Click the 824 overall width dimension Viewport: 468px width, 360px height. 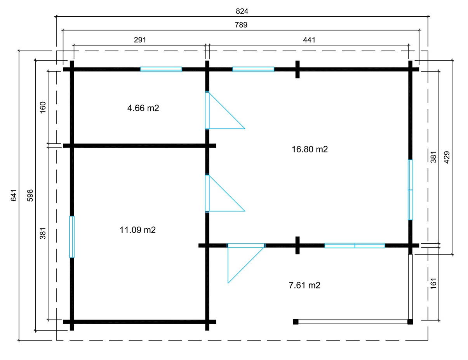(x=242, y=11)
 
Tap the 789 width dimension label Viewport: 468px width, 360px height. (x=241, y=25)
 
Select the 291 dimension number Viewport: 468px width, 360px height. (x=140, y=40)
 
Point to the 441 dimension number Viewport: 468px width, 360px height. (x=309, y=40)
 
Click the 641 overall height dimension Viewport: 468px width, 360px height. (x=14, y=195)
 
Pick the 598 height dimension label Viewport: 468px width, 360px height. (x=30, y=195)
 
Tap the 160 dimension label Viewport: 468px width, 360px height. (x=43, y=107)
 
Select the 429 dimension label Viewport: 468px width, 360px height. (x=447, y=157)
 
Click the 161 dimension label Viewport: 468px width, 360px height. (x=433, y=283)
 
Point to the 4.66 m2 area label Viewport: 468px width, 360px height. (x=143, y=108)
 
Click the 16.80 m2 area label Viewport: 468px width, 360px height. (x=310, y=149)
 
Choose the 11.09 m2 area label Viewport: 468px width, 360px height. (x=137, y=230)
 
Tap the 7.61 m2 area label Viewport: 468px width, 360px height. (x=304, y=285)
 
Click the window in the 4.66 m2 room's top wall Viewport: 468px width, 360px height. (x=161, y=69)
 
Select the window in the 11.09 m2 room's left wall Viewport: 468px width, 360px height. (x=72, y=237)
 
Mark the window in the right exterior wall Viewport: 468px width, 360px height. (x=410, y=190)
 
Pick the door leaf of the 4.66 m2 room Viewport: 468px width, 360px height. (x=207, y=110)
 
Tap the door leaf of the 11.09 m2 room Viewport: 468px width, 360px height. (x=207, y=193)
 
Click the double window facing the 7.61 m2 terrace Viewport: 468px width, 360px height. (x=355, y=246)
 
